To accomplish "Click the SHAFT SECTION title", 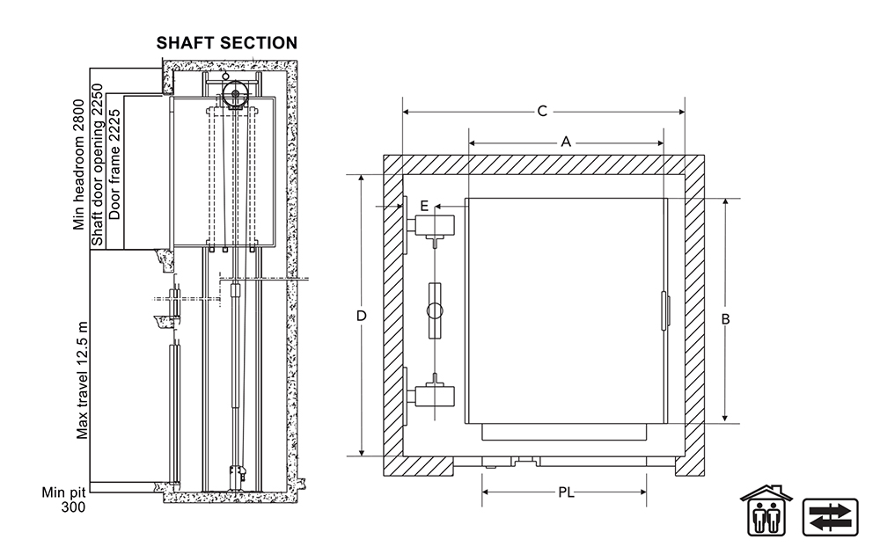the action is [x=227, y=43].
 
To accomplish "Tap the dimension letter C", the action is [x=542, y=111].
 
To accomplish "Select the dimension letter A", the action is [x=566, y=142].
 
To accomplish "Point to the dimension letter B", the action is [x=725, y=319].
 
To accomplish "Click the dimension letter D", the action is [x=362, y=316].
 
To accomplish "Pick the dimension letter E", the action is [x=424, y=206].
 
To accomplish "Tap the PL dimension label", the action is [x=566, y=492].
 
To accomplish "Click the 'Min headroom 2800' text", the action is [x=79, y=164].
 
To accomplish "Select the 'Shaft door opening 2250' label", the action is [x=98, y=164].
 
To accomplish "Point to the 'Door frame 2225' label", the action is [x=114, y=164].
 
